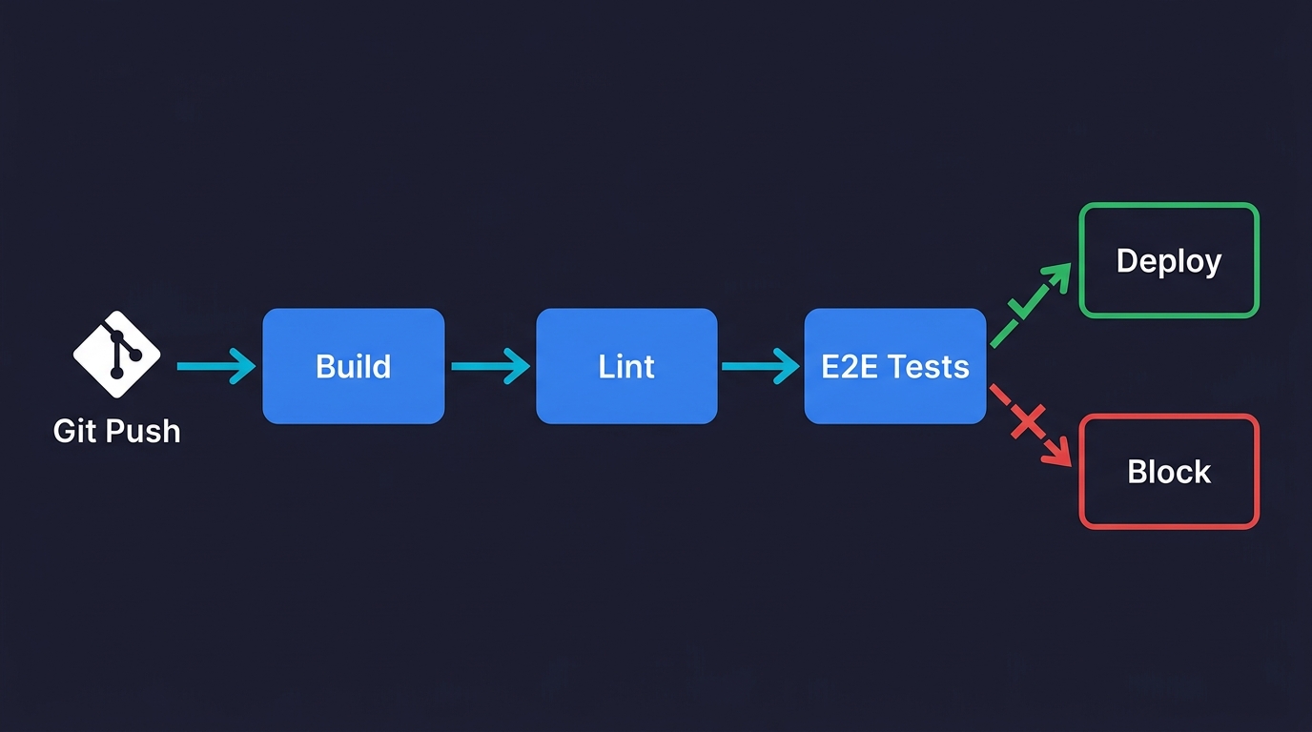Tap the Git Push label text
(x=116, y=431)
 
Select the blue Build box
(x=353, y=366)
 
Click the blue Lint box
(x=626, y=366)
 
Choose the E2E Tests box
(x=894, y=366)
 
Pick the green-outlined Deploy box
(x=1169, y=260)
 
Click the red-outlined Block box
(x=1169, y=472)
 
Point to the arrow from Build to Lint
(x=490, y=366)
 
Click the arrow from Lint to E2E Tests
(x=761, y=366)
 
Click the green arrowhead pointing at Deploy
(x=1058, y=275)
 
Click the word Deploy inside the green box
(x=1169, y=261)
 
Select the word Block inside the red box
(x=1169, y=472)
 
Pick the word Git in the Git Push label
(x=75, y=431)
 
